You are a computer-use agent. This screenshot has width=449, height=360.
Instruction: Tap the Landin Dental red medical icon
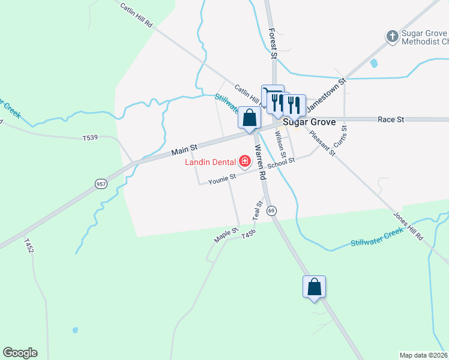[245, 161]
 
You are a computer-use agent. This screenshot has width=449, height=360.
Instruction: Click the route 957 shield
[101, 184]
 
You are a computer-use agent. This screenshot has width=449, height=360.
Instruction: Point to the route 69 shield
[272, 211]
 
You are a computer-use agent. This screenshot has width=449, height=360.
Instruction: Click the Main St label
[185, 146]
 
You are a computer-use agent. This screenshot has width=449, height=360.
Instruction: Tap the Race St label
[391, 119]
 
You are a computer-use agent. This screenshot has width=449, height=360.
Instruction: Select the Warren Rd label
[259, 162]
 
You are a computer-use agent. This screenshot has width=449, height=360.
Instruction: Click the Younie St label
[222, 178]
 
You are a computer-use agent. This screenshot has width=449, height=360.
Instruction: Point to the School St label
[282, 164]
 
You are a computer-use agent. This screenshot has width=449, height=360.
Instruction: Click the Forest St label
[272, 43]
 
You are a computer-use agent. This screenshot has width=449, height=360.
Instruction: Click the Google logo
[20, 353]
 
